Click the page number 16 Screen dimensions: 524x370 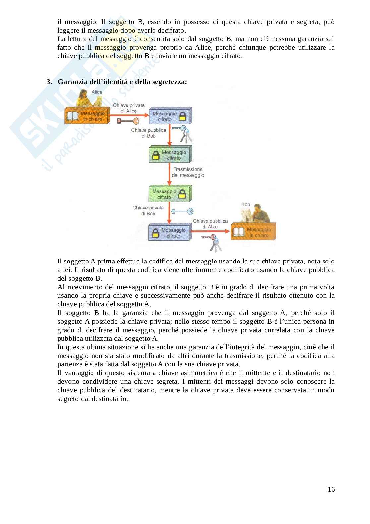pos(331,489)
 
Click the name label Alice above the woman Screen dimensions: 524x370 pos(97,92)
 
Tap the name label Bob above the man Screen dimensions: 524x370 pos(246,205)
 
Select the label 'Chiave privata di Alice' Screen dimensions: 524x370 pos(129,108)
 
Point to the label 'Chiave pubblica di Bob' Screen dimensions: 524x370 pos(149,133)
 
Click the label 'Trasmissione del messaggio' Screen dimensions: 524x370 pos(188,172)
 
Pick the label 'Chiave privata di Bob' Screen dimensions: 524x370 pos(148,211)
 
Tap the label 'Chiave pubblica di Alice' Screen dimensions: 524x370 pos(210,224)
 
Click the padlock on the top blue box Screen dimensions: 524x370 pos(182,116)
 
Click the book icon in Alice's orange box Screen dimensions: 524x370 pos(73,116)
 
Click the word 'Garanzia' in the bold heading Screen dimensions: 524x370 pos(70,81)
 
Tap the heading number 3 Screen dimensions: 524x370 pos(49,81)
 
